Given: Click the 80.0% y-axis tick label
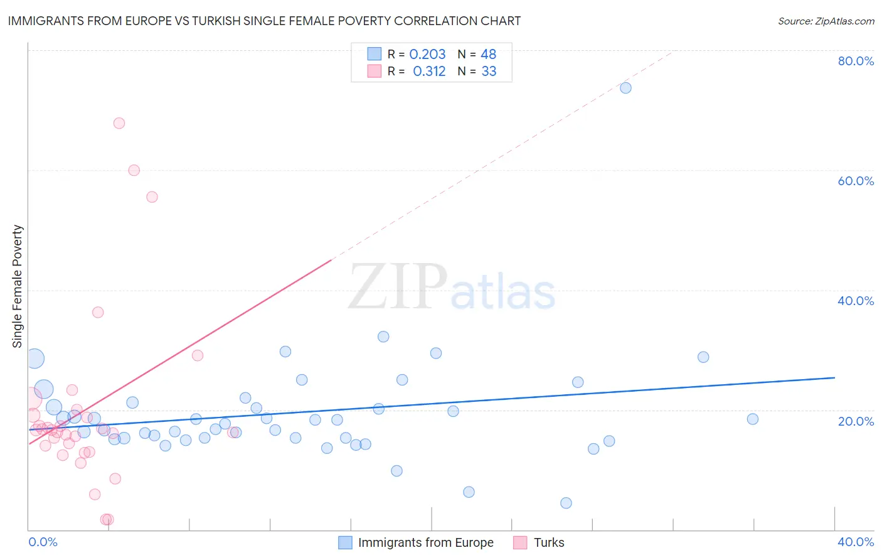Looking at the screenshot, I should click(x=856, y=61).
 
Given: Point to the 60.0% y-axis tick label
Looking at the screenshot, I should click(x=856, y=181).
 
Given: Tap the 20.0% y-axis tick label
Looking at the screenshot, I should click(x=856, y=421).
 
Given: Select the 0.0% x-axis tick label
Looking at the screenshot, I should click(x=43, y=542).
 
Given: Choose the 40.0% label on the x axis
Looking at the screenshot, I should click(x=856, y=542).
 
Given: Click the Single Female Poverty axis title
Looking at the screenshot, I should click(x=18, y=286).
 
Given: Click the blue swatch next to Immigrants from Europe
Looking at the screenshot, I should click(x=345, y=542).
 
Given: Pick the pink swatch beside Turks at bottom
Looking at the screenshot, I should click(x=520, y=542).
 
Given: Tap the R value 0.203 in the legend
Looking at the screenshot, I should click(x=427, y=55).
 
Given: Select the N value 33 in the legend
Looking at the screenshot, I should click(x=489, y=72).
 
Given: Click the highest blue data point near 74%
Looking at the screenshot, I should click(x=625, y=88).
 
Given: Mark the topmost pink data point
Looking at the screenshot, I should click(x=119, y=123).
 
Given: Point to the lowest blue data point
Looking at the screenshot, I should click(x=566, y=503).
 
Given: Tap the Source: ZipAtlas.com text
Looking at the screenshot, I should click(x=826, y=21).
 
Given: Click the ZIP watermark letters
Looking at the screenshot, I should click(x=398, y=287).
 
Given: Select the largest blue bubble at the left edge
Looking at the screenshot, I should click(x=35, y=358).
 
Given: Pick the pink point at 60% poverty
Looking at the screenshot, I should click(x=134, y=170).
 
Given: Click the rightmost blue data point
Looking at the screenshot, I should click(x=753, y=419).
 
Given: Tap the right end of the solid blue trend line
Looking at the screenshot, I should click(x=834, y=377).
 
